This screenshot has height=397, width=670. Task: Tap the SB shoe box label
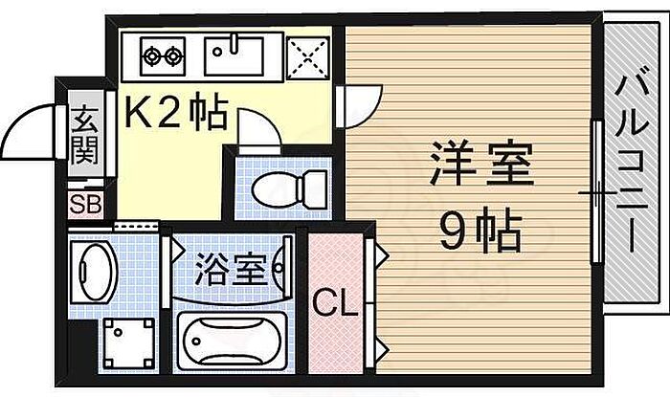[85, 204]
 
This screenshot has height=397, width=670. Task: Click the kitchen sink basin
[234, 54]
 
